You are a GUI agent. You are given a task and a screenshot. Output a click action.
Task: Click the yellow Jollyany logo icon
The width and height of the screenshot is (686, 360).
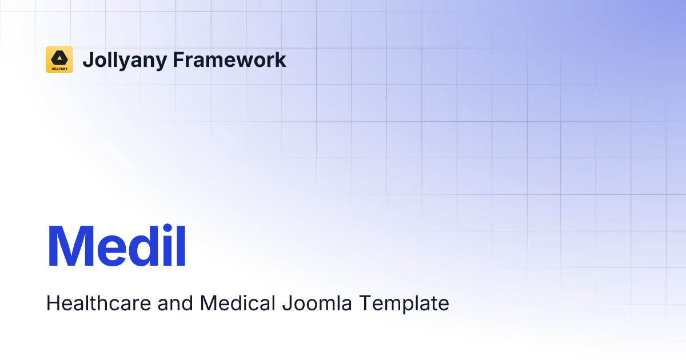tap(59, 59)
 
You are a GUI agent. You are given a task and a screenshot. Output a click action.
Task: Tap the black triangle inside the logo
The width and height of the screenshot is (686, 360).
tap(59, 57)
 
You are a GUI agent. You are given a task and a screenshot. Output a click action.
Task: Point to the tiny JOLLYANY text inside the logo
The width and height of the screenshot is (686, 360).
tap(59, 67)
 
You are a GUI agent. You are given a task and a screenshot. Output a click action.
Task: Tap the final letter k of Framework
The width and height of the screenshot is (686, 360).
tap(280, 59)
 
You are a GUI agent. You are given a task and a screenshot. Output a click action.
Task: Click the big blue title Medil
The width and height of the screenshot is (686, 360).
tap(117, 247)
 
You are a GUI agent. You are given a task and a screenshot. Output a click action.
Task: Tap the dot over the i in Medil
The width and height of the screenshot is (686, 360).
tap(167, 228)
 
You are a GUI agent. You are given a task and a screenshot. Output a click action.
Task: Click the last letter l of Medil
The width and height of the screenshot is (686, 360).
tap(181, 247)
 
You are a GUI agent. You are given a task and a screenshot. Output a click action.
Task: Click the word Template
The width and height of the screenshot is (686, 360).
tap(404, 303)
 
